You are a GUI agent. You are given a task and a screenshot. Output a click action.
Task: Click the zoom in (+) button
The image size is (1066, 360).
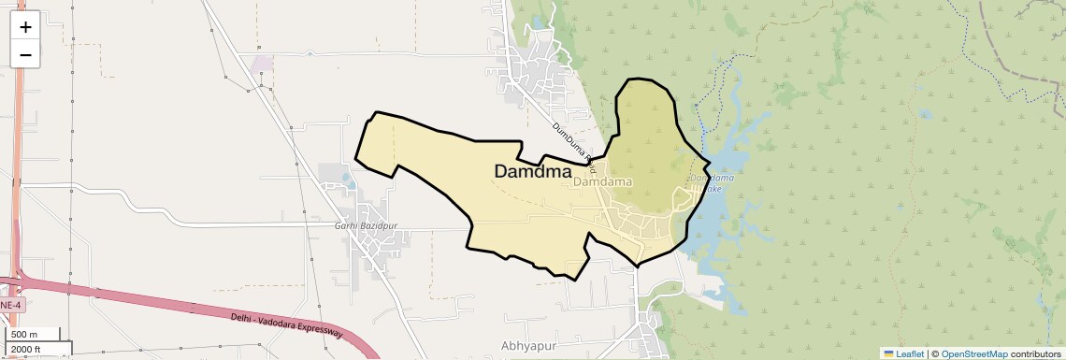pyautogui.click(x=25, y=27)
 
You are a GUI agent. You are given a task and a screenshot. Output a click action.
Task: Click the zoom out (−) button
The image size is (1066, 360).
pyautogui.click(x=25, y=55)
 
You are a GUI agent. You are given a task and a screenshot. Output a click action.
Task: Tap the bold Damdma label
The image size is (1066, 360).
pyautogui.click(x=532, y=172)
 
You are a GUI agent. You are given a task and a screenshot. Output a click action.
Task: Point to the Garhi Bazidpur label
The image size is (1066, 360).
pyautogui.click(x=366, y=226)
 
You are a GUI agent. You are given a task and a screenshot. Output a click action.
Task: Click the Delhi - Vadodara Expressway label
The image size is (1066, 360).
pyautogui.click(x=286, y=325)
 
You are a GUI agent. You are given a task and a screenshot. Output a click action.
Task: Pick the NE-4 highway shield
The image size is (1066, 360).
pyautogui.click(x=10, y=306)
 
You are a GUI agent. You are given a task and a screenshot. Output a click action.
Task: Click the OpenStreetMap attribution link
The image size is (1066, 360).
pyautogui.click(x=973, y=353)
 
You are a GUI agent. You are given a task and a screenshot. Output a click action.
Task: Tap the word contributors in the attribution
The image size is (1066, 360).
pyautogui.click(x=1035, y=353)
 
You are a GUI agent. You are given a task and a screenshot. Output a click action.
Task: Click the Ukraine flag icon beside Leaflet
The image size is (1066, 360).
pyautogui.click(x=889, y=353)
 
